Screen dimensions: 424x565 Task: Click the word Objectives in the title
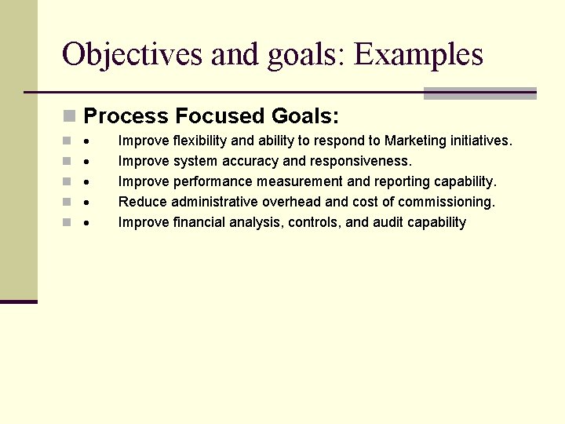(x=115, y=55)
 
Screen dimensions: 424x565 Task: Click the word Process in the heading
(x=126, y=117)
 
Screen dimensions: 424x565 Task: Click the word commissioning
(x=446, y=203)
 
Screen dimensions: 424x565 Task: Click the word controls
(x=314, y=223)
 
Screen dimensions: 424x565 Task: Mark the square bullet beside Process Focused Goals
(x=70, y=117)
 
